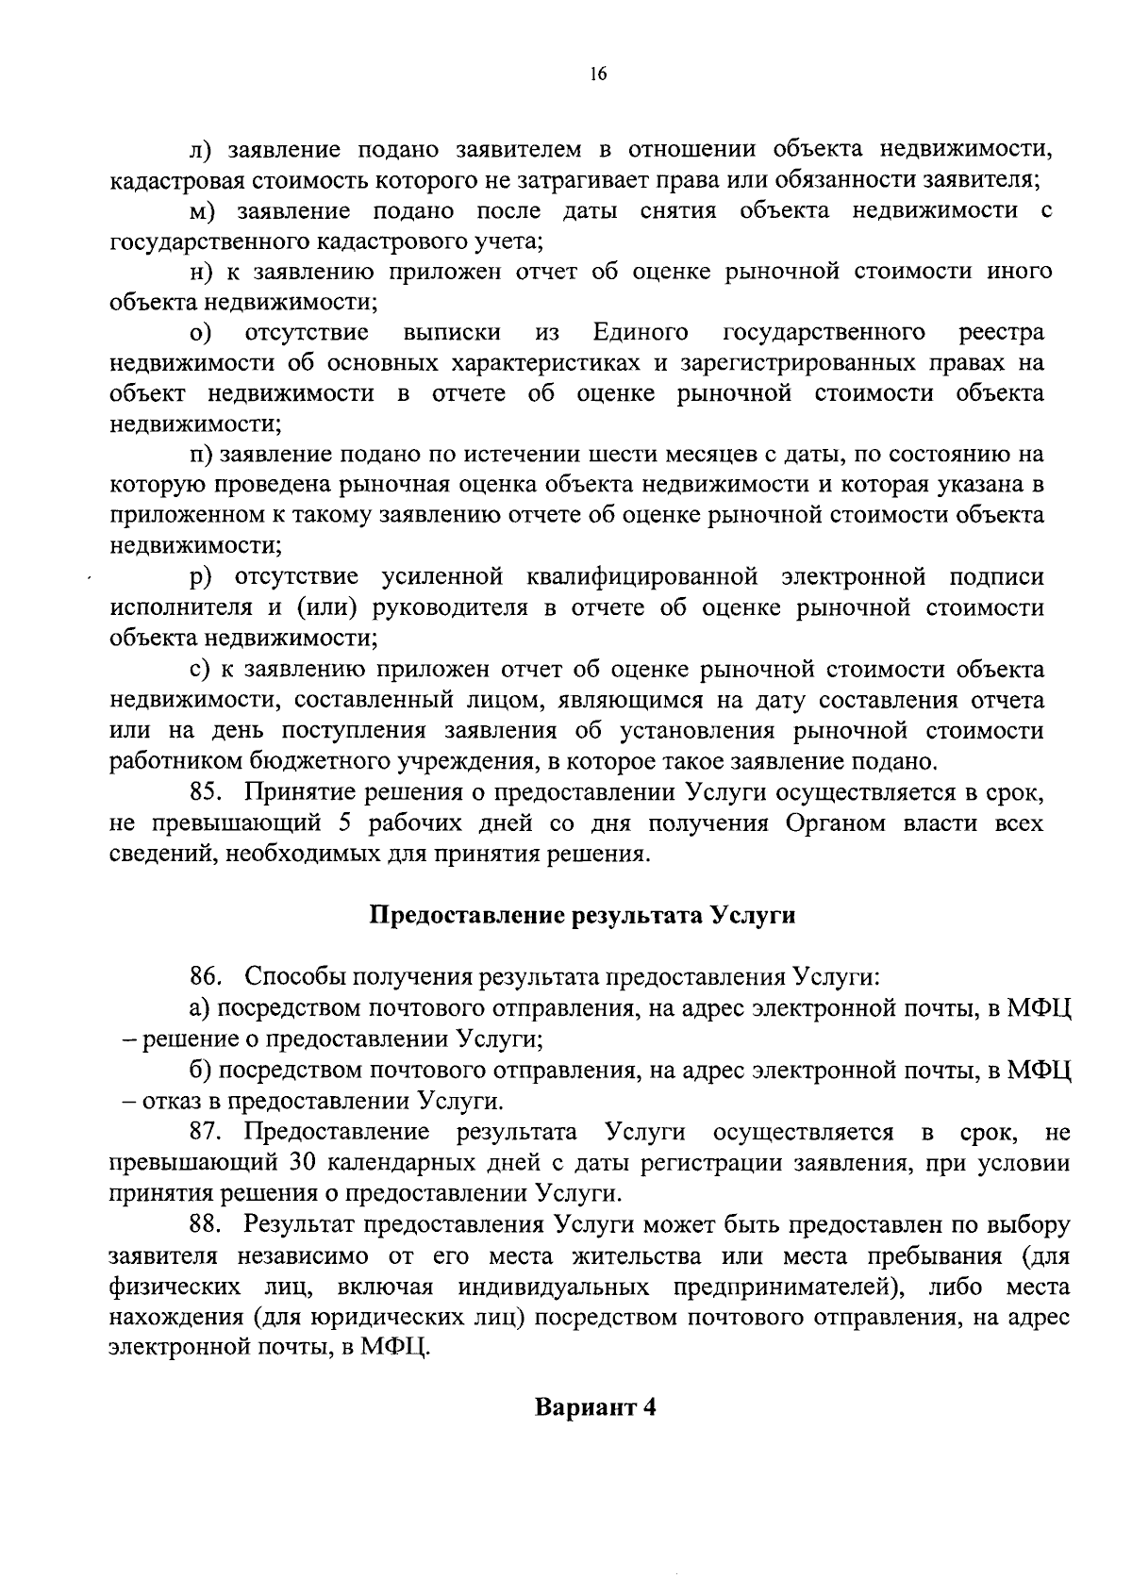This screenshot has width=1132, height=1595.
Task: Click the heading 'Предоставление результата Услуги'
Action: click(x=582, y=916)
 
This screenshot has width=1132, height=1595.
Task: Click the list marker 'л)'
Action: click(x=200, y=149)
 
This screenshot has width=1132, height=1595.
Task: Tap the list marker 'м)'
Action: click(x=203, y=211)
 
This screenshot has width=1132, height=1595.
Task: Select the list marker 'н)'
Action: click(x=201, y=273)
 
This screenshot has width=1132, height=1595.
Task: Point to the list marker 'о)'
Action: click(x=200, y=333)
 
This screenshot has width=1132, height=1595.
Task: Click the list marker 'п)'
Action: click(x=200, y=456)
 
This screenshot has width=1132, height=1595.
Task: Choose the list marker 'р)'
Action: click(x=200, y=577)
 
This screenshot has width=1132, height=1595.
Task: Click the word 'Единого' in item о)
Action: click(x=641, y=333)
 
